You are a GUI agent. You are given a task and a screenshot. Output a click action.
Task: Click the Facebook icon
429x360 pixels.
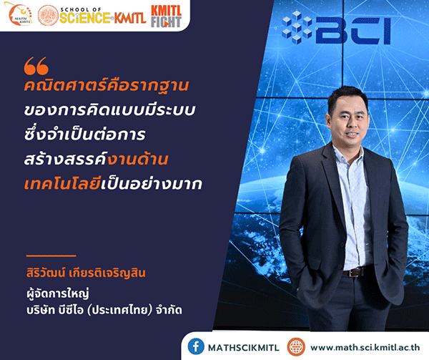(196, 346)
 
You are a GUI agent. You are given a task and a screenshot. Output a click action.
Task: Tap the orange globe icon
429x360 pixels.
(296, 346)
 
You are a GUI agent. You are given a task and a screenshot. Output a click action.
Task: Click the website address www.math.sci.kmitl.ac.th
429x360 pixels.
(365, 347)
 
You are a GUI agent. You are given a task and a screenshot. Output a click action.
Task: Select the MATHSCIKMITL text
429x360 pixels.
(244, 348)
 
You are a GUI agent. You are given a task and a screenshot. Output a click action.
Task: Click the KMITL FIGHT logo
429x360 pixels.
(166, 16)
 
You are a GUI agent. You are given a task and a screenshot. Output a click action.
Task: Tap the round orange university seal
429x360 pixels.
(48, 15)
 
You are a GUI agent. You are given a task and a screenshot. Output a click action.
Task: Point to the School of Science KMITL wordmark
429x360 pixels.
(102, 16)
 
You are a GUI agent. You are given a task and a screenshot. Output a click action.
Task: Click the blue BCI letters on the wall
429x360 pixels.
(353, 30)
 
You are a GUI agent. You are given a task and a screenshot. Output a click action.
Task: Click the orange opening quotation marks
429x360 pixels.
(36, 66)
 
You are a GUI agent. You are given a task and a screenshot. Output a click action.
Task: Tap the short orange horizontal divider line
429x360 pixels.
(51, 256)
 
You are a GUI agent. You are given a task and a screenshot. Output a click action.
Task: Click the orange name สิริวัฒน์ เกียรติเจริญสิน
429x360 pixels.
(86, 273)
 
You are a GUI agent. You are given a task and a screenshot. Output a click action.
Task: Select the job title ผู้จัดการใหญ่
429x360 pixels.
(58, 293)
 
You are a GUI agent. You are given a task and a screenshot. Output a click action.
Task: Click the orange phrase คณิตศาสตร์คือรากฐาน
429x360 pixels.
(107, 85)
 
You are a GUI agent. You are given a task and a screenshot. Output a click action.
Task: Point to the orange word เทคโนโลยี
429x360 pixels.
(62, 183)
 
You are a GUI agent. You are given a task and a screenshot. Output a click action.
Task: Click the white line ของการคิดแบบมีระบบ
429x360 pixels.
(109, 110)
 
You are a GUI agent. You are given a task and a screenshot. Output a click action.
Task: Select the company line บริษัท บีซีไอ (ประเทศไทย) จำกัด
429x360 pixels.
(104, 311)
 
